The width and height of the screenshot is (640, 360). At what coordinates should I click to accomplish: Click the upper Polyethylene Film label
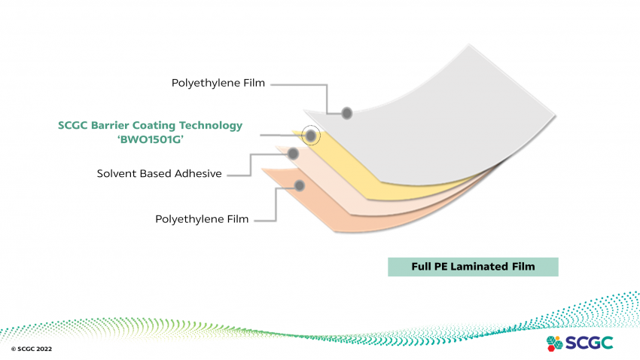(218, 83)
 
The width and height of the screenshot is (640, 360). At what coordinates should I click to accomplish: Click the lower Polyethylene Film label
(202, 219)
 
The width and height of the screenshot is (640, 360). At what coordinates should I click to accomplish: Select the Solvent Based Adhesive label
(159, 174)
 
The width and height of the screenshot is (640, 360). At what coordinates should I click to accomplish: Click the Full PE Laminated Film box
(473, 267)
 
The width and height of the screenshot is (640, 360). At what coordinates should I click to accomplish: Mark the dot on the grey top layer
(347, 113)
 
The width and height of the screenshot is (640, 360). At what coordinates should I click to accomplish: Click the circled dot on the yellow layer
(310, 136)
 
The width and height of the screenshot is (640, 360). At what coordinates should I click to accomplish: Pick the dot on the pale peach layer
(293, 153)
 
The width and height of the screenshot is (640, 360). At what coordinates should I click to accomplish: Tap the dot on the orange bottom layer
(299, 185)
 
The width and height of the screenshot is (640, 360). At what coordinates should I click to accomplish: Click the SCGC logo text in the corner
(590, 343)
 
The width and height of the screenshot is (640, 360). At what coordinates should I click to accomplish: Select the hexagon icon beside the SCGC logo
(554, 343)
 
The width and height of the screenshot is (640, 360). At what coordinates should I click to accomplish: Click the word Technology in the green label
(212, 126)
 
